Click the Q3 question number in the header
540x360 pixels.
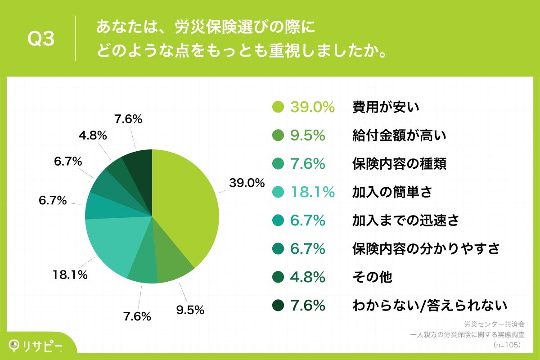click(41, 39)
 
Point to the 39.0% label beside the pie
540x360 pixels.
click(246, 183)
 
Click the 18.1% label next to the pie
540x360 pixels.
click(70, 274)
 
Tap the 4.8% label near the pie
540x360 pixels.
click(92, 135)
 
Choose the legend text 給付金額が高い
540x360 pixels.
click(399, 135)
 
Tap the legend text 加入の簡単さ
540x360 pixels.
click(392, 192)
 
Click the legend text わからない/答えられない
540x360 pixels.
click(430, 306)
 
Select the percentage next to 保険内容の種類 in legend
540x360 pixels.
click(307, 164)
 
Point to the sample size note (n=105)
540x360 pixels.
click(507, 345)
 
